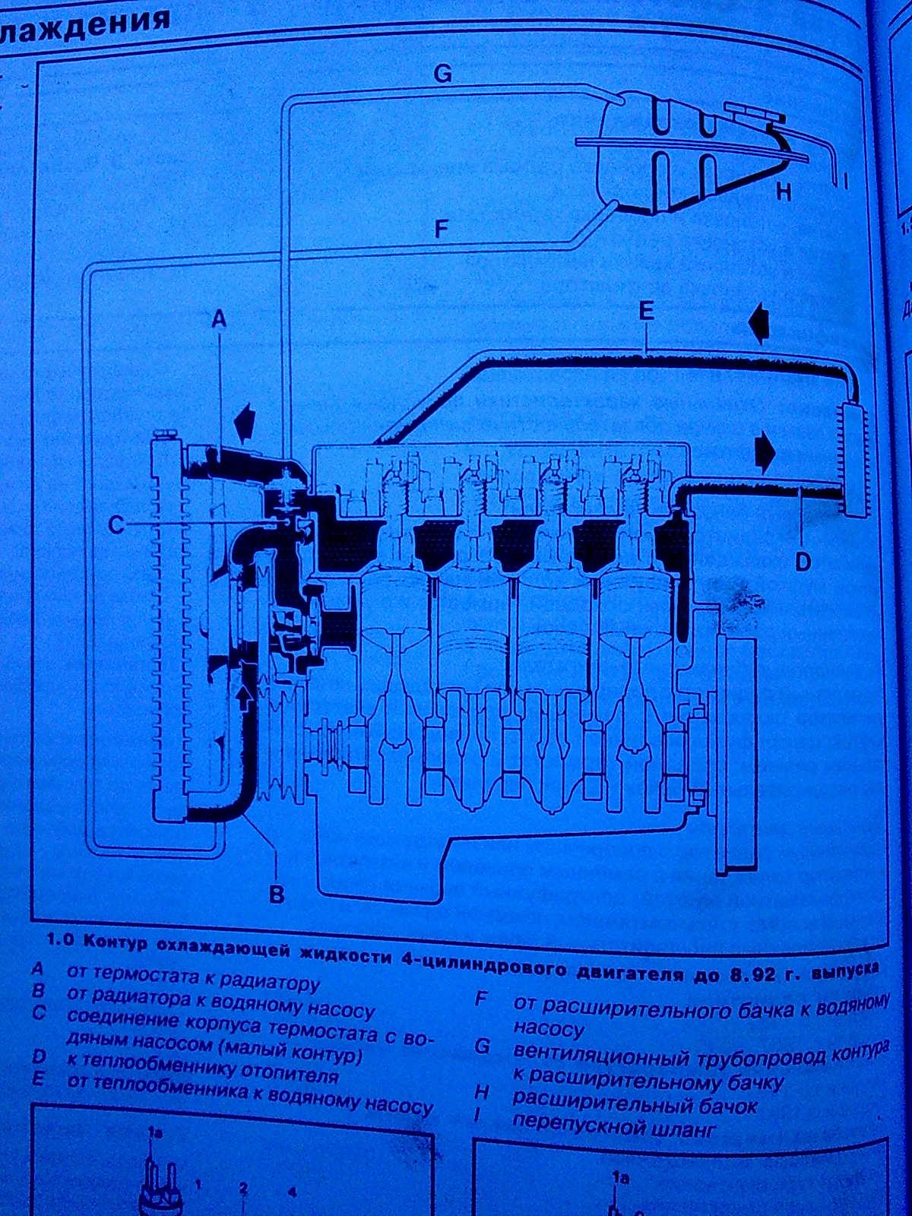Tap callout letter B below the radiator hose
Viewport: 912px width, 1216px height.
277,893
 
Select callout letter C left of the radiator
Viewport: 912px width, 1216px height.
116,524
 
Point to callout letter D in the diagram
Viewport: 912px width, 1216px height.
803,562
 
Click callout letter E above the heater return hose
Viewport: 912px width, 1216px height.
646,311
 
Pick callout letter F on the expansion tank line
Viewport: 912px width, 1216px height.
442,229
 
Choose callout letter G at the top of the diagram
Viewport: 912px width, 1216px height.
442,74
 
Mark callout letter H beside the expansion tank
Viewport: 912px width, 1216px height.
784,192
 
